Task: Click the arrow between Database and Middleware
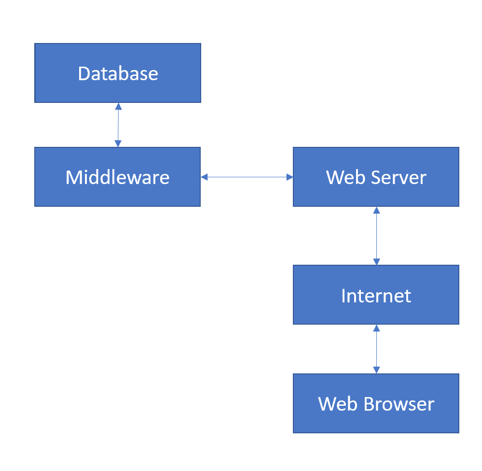point(118,125)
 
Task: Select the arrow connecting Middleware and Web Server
point(247,177)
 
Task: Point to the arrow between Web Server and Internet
point(376,236)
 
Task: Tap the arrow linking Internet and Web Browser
point(376,349)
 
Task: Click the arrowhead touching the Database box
point(118,106)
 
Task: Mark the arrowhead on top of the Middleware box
point(118,143)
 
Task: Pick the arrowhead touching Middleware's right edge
point(204,177)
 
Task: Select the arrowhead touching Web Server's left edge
point(289,177)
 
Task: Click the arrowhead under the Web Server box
point(376,210)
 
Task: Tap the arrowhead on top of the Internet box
point(376,261)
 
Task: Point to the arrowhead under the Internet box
point(376,328)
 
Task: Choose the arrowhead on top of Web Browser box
point(376,370)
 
